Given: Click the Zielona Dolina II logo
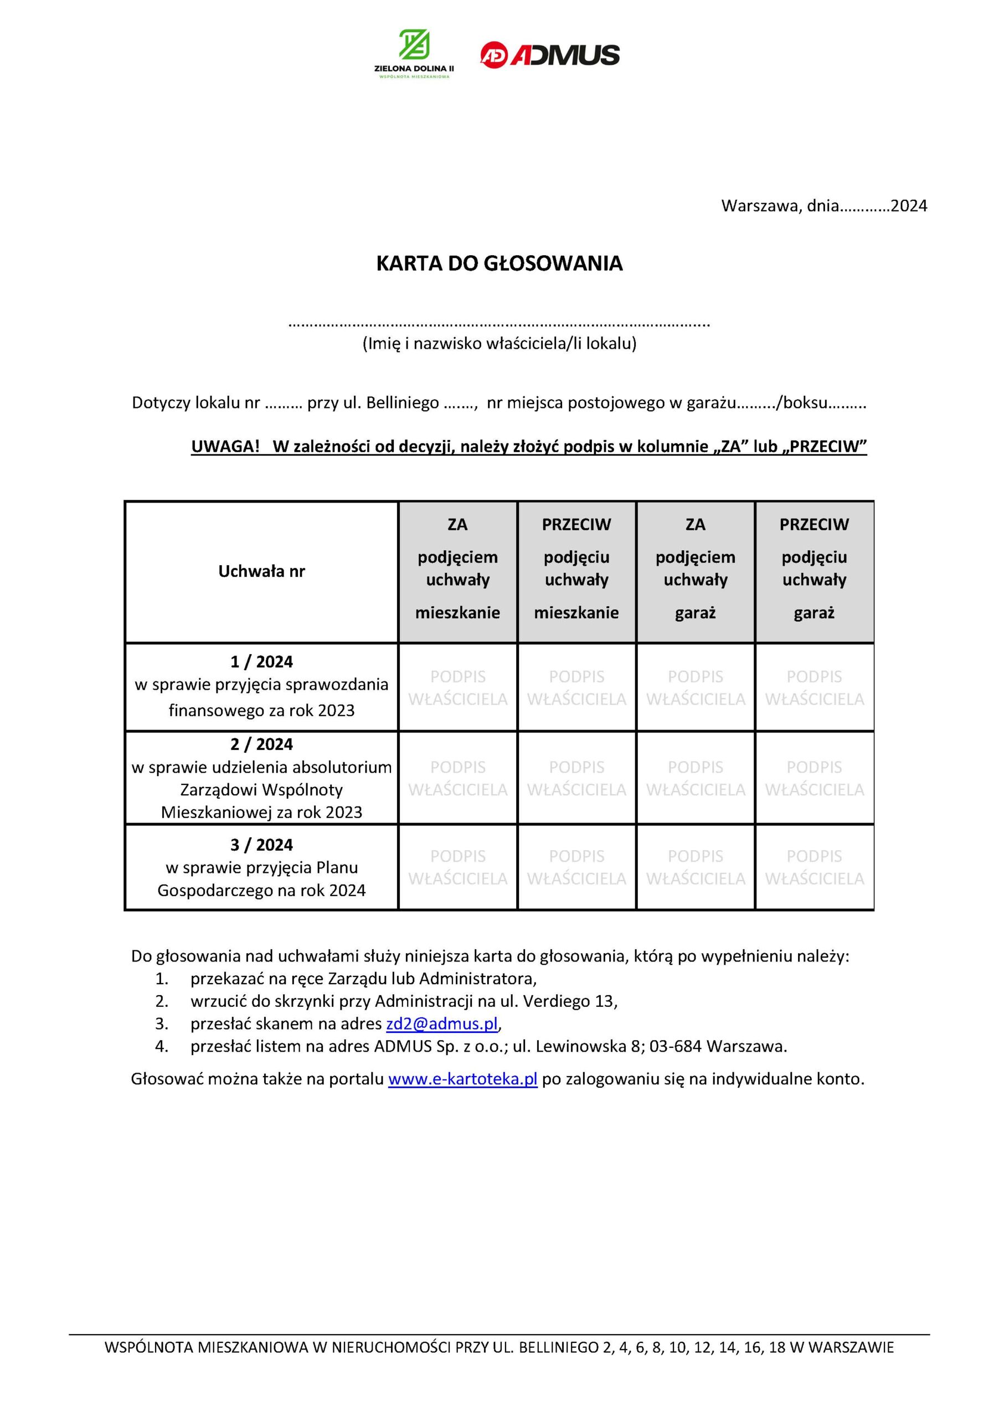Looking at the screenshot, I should (x=414, y=54).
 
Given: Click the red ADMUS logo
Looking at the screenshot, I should (x=549, y=55).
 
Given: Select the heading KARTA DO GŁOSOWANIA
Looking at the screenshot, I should (x=499, y=263).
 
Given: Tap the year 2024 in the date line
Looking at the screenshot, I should (x=909, y=205).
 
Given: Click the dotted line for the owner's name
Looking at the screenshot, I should (x=499, y=323).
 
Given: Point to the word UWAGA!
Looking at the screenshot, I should (x=225, y=446).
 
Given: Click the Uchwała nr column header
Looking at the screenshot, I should (x=261, y=571).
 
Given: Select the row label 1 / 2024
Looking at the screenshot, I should (x=261, y=661).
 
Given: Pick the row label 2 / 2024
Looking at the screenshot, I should (x=261, y=744).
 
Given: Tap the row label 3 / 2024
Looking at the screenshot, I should (x=261, y=845).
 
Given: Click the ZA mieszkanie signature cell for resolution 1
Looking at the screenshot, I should (x=457, y=687).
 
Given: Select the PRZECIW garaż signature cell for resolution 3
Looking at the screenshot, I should (x=815, y=867).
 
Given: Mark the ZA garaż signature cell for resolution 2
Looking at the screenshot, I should (x=695, y=778).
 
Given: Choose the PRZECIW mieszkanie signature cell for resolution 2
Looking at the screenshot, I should (x=576, y=778).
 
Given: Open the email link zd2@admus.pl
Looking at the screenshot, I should (x=441, y=1024).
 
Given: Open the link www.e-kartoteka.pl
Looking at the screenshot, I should (x=462, y=1079).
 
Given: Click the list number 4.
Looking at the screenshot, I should (x=161, y=1046).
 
